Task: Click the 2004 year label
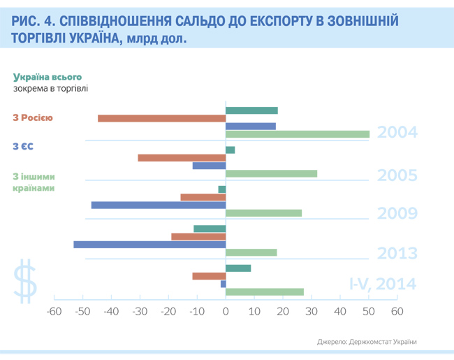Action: pyautogui.click(x=397, y=132)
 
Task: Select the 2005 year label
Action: pyautogui.click(x=397, y=175)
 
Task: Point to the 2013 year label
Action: pyautogui.click(x=397, y=253)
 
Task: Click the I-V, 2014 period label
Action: pyautogui.click(x=383, y=284)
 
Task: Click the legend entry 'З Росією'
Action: pyautogui.click(x=33, y=117)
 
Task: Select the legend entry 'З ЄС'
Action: pyautogui.click(x=23, y=146)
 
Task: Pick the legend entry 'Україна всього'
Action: pyautogui.click(x=47, y=77)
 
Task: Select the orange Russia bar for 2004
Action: pyautogui.click(x=161, y=118)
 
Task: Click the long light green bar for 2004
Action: pyautogui.click(x=298, y=134)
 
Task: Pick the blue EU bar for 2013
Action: pyautogui.click(x=149, y=245)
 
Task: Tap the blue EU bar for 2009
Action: pyautogui.click(x=159, y=206)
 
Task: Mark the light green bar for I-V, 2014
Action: pyautogui.click(x=265, y=291)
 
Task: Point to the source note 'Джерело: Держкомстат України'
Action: pyautogui.click(x=367, y=342)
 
